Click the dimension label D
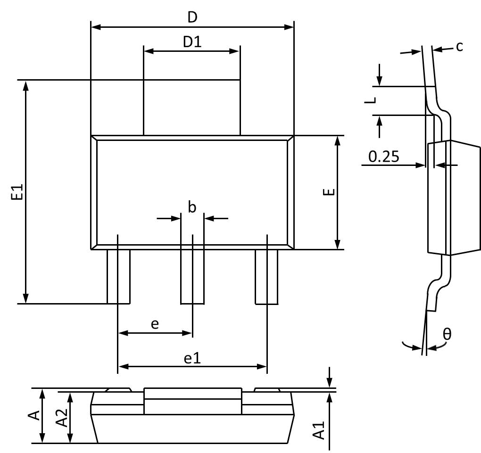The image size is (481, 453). (x=192, y=17)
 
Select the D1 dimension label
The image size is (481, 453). (x=192, y=42)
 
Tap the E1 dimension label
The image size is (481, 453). (x=17, y=193)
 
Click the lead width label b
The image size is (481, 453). (x=192, y=207)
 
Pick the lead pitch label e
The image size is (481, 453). (x=154, y=324)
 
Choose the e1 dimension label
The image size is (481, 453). (x=192, y=358)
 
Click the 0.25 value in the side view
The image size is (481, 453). (x=383, y=156)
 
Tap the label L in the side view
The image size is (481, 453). (x=372, y=100)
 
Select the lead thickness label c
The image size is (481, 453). (x=459, y=46)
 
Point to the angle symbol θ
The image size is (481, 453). (x=447, y=334)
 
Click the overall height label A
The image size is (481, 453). (x=33, y=415)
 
